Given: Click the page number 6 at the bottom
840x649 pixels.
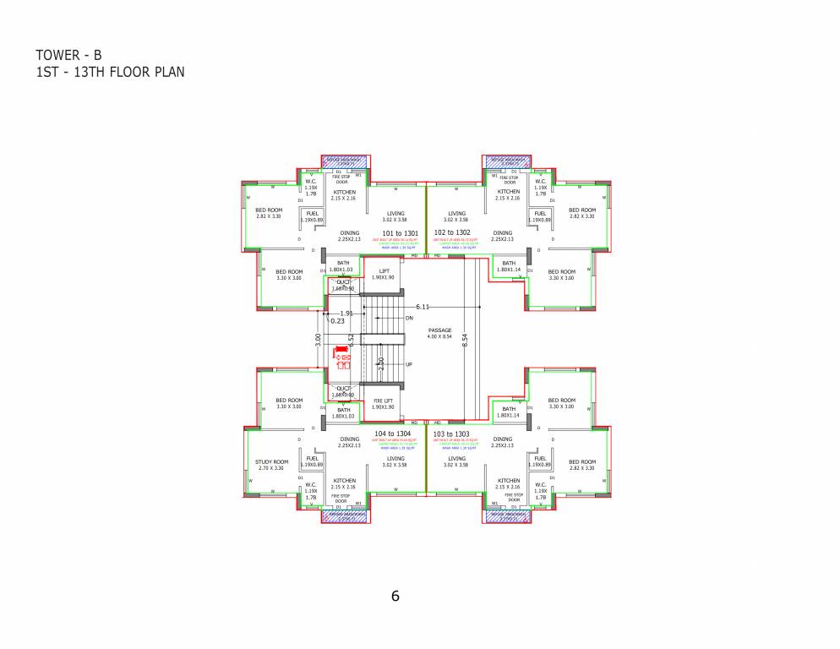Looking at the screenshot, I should [395, 595].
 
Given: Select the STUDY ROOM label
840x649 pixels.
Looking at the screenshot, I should [272, 465].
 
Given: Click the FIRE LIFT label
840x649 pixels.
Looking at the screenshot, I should [383, 404].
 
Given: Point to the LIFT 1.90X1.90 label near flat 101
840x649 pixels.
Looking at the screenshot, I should [383, 273].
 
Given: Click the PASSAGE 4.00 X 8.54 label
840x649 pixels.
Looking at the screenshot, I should [440, 333].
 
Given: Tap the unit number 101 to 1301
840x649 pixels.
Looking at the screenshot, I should [401, 232].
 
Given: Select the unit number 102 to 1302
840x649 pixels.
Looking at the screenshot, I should [451, 232].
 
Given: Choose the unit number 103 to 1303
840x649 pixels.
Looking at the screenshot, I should [451, 434].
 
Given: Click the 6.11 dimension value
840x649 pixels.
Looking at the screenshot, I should [423, 306].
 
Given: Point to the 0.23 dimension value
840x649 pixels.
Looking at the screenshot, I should [337, 321].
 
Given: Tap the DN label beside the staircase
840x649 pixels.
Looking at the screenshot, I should [409, 319].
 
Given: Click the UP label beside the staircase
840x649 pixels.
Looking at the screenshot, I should [409, 364].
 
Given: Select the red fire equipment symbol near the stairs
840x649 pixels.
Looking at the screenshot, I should [343, 357].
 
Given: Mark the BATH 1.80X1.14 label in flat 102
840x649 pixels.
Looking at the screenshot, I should [509, 266].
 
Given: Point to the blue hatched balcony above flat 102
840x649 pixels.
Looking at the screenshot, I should [507, 161].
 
